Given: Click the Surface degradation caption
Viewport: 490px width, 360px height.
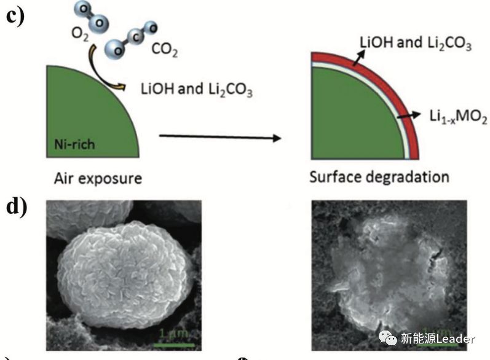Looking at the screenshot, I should click(x=379, y=177).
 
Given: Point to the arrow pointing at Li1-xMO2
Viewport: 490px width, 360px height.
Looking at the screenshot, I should click(x=407, y=114).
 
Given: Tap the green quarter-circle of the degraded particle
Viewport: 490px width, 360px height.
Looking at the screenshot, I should click(x=344, y=117).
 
